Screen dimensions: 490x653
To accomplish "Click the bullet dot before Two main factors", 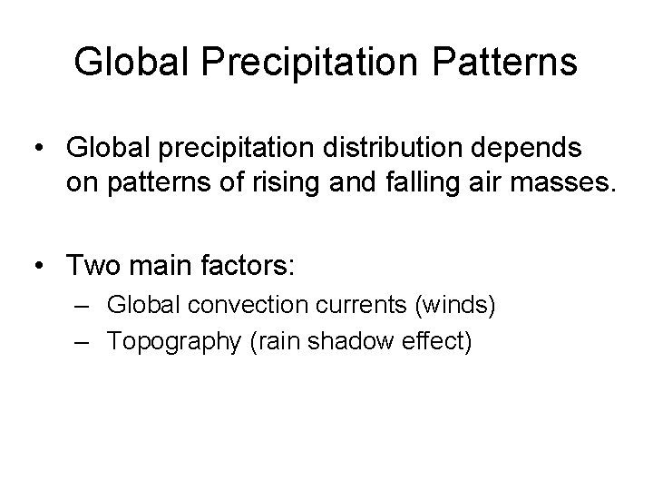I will pos(39,267).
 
